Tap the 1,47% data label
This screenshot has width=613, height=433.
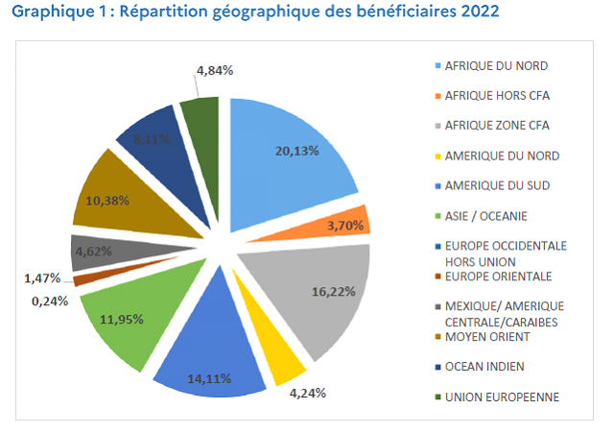point(42,278)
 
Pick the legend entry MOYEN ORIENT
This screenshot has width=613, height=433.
point(488,336)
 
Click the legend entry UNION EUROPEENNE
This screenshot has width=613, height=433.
point(499,397)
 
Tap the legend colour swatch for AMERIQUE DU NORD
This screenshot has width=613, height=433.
point(436,156)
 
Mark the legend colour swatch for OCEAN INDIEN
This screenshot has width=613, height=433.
point(436,366)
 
